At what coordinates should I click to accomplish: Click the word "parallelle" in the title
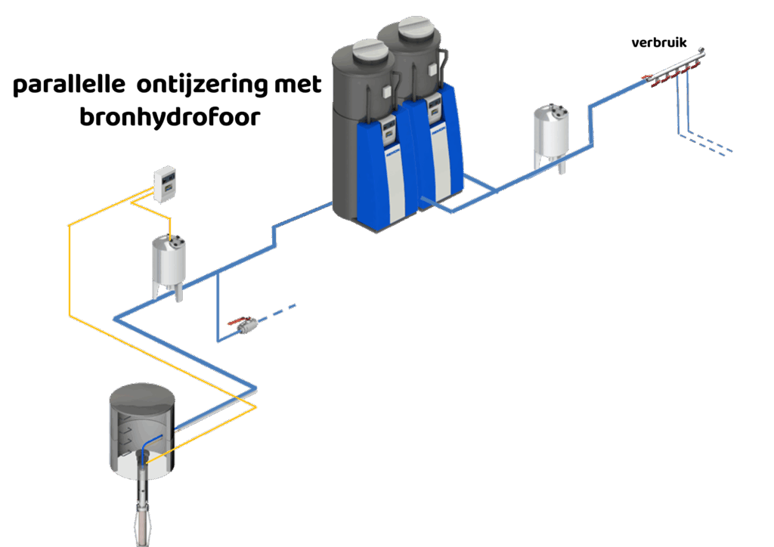pyautogui.click(x=68, y=86)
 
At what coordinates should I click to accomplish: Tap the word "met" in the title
pyautogui.click(x=296, y=85)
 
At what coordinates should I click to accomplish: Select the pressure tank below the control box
pyautogui.click(x=169, y=264)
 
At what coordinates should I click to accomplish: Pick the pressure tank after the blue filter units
pyautogui.click(x=551, y=133)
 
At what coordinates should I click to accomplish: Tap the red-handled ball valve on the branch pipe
pyautogui.click(x=244, y=324)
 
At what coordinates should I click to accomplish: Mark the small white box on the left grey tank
pyautogui.click(x=387, y=92)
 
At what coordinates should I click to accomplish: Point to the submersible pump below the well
pyautogui.click(x=143, y=506)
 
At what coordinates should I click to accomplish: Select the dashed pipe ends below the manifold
pyautogui.click(x=714, y=145)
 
